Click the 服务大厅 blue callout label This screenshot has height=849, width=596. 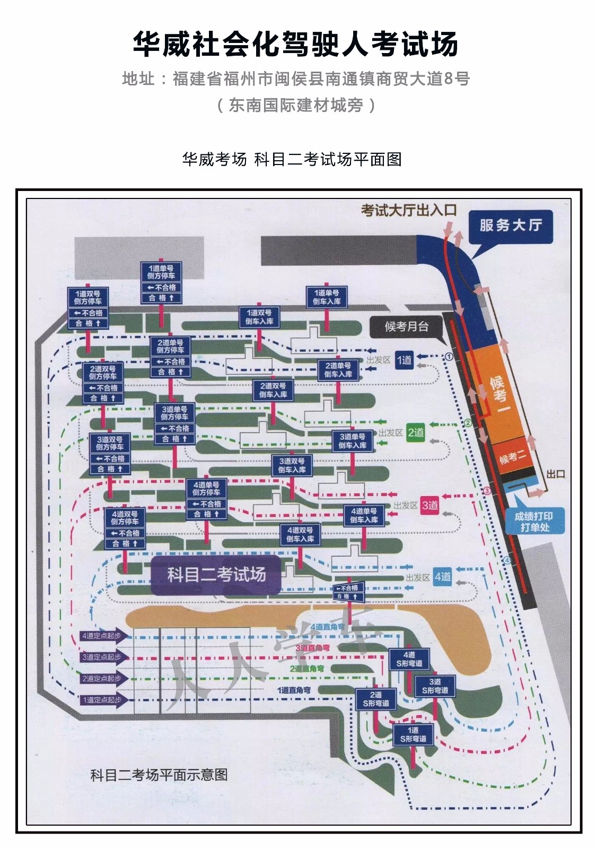point(510,226)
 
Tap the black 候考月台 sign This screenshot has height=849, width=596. point(407,327)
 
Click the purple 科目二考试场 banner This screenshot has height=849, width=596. point(216,575)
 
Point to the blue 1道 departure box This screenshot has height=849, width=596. point(404,360)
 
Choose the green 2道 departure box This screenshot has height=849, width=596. point(416,433)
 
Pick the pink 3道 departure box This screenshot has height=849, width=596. point(430,505)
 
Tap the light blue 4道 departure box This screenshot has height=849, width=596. point(442,577)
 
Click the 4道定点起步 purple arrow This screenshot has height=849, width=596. point(104,636)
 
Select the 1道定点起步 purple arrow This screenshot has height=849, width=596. point(104,700)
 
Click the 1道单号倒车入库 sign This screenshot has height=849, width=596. point(327,297)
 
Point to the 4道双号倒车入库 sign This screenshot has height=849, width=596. point(300,534)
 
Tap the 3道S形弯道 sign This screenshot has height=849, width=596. point(435,686)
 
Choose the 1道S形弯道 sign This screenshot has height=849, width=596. point(413,735)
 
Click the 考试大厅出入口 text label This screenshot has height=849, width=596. point(408,210)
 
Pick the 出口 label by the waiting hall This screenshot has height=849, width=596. point(555,474)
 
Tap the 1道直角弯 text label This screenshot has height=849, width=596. point(294,690)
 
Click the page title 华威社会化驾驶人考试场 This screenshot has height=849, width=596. point(295,44)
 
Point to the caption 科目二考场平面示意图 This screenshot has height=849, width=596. point(159,775)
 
